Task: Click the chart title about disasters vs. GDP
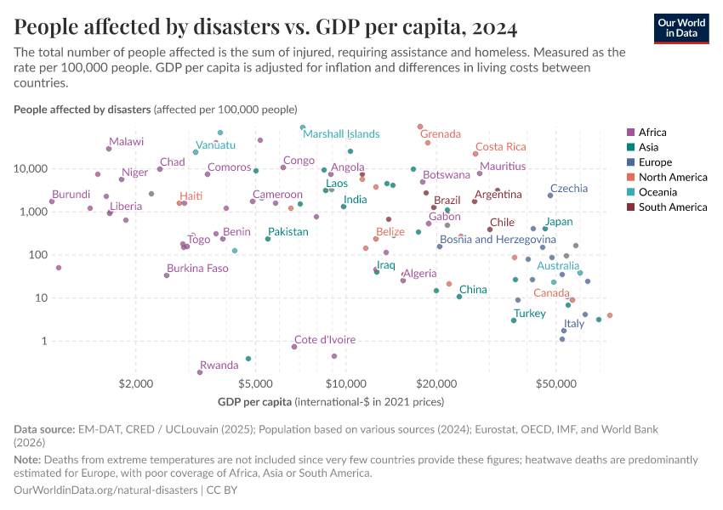[x=265, y=28]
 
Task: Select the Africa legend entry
[x=652, y=132]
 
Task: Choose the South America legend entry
[x=666, y=207]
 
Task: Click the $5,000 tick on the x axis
[x=254, y=384]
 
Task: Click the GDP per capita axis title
[x=331, y=401]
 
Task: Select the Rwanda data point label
[x=219, y=365]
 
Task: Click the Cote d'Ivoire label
[x=325, y=340]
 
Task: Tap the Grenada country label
[x=441, y=134]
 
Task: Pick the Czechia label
[x=568, y=189]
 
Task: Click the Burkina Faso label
[x=197, y=269]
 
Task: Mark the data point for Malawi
[x=109, y=149]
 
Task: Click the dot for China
[x=459, y=297]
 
